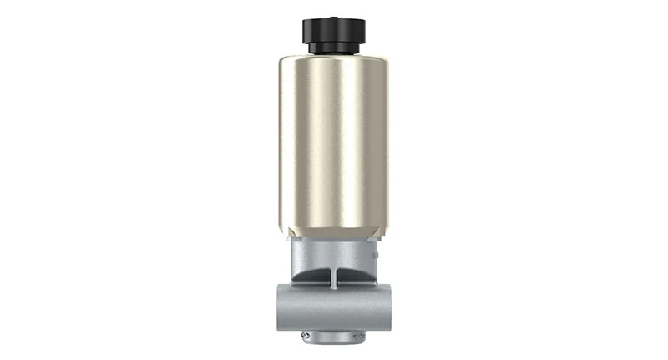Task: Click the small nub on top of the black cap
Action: tap(334, 15)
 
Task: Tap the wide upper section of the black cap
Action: tap(334, 30)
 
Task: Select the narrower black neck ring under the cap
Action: tap(334, 48)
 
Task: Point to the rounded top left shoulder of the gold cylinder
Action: tap(285, 62)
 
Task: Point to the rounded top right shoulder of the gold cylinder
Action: tap(383, 62)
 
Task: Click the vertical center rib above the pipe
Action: tap(334, 278)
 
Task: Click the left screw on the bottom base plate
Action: tap(306, 336)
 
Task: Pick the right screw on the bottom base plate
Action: tap(362, 336)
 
